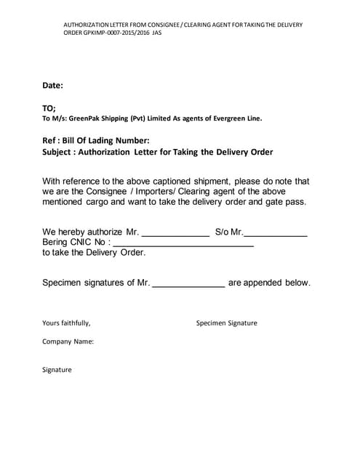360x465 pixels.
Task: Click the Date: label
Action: tap(52, 86)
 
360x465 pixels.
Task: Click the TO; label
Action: tap(49, 108)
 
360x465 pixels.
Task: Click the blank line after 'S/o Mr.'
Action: tap(275, 234)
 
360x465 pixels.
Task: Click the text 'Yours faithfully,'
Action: tap(66, 323)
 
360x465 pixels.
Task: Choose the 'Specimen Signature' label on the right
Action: tap(226, 323)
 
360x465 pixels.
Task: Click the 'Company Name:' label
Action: tap(68, 341)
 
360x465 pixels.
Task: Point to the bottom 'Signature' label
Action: tap(57, 370)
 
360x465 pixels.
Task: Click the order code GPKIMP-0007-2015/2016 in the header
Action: tap(108, 34)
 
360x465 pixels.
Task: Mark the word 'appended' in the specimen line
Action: tap(265, 283)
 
